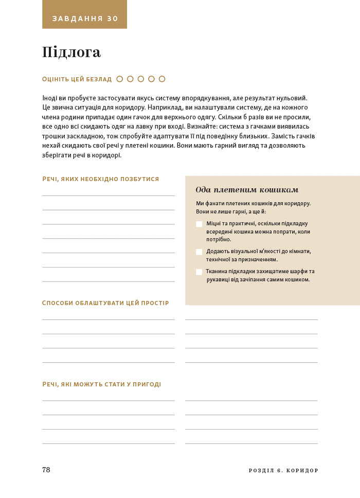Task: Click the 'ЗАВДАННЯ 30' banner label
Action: click(85, 19)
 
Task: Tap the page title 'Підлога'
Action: click(71, 52)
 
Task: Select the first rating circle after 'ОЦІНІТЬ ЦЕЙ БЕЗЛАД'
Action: click(120, 79)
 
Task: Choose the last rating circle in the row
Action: click(162, 79)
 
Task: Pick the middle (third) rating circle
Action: click(141, 79)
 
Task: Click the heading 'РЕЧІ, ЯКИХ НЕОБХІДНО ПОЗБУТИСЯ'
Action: click(101, 179)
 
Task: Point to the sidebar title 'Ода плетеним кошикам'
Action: click(247, 189)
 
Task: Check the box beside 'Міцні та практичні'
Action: click(199, 224)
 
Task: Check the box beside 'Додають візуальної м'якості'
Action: click(199, 252)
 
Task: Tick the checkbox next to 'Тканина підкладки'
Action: click(199, 272)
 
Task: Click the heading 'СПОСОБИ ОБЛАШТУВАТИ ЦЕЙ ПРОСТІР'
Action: click(105, 303)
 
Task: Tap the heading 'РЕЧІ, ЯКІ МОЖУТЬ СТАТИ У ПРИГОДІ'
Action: click(102, 384)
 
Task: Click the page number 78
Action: click(46, 470)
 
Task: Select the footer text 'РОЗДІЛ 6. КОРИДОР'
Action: click(283, 470)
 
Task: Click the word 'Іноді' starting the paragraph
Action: click(50, 98)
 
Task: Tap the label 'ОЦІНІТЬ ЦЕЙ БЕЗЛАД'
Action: click(77, 79)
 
